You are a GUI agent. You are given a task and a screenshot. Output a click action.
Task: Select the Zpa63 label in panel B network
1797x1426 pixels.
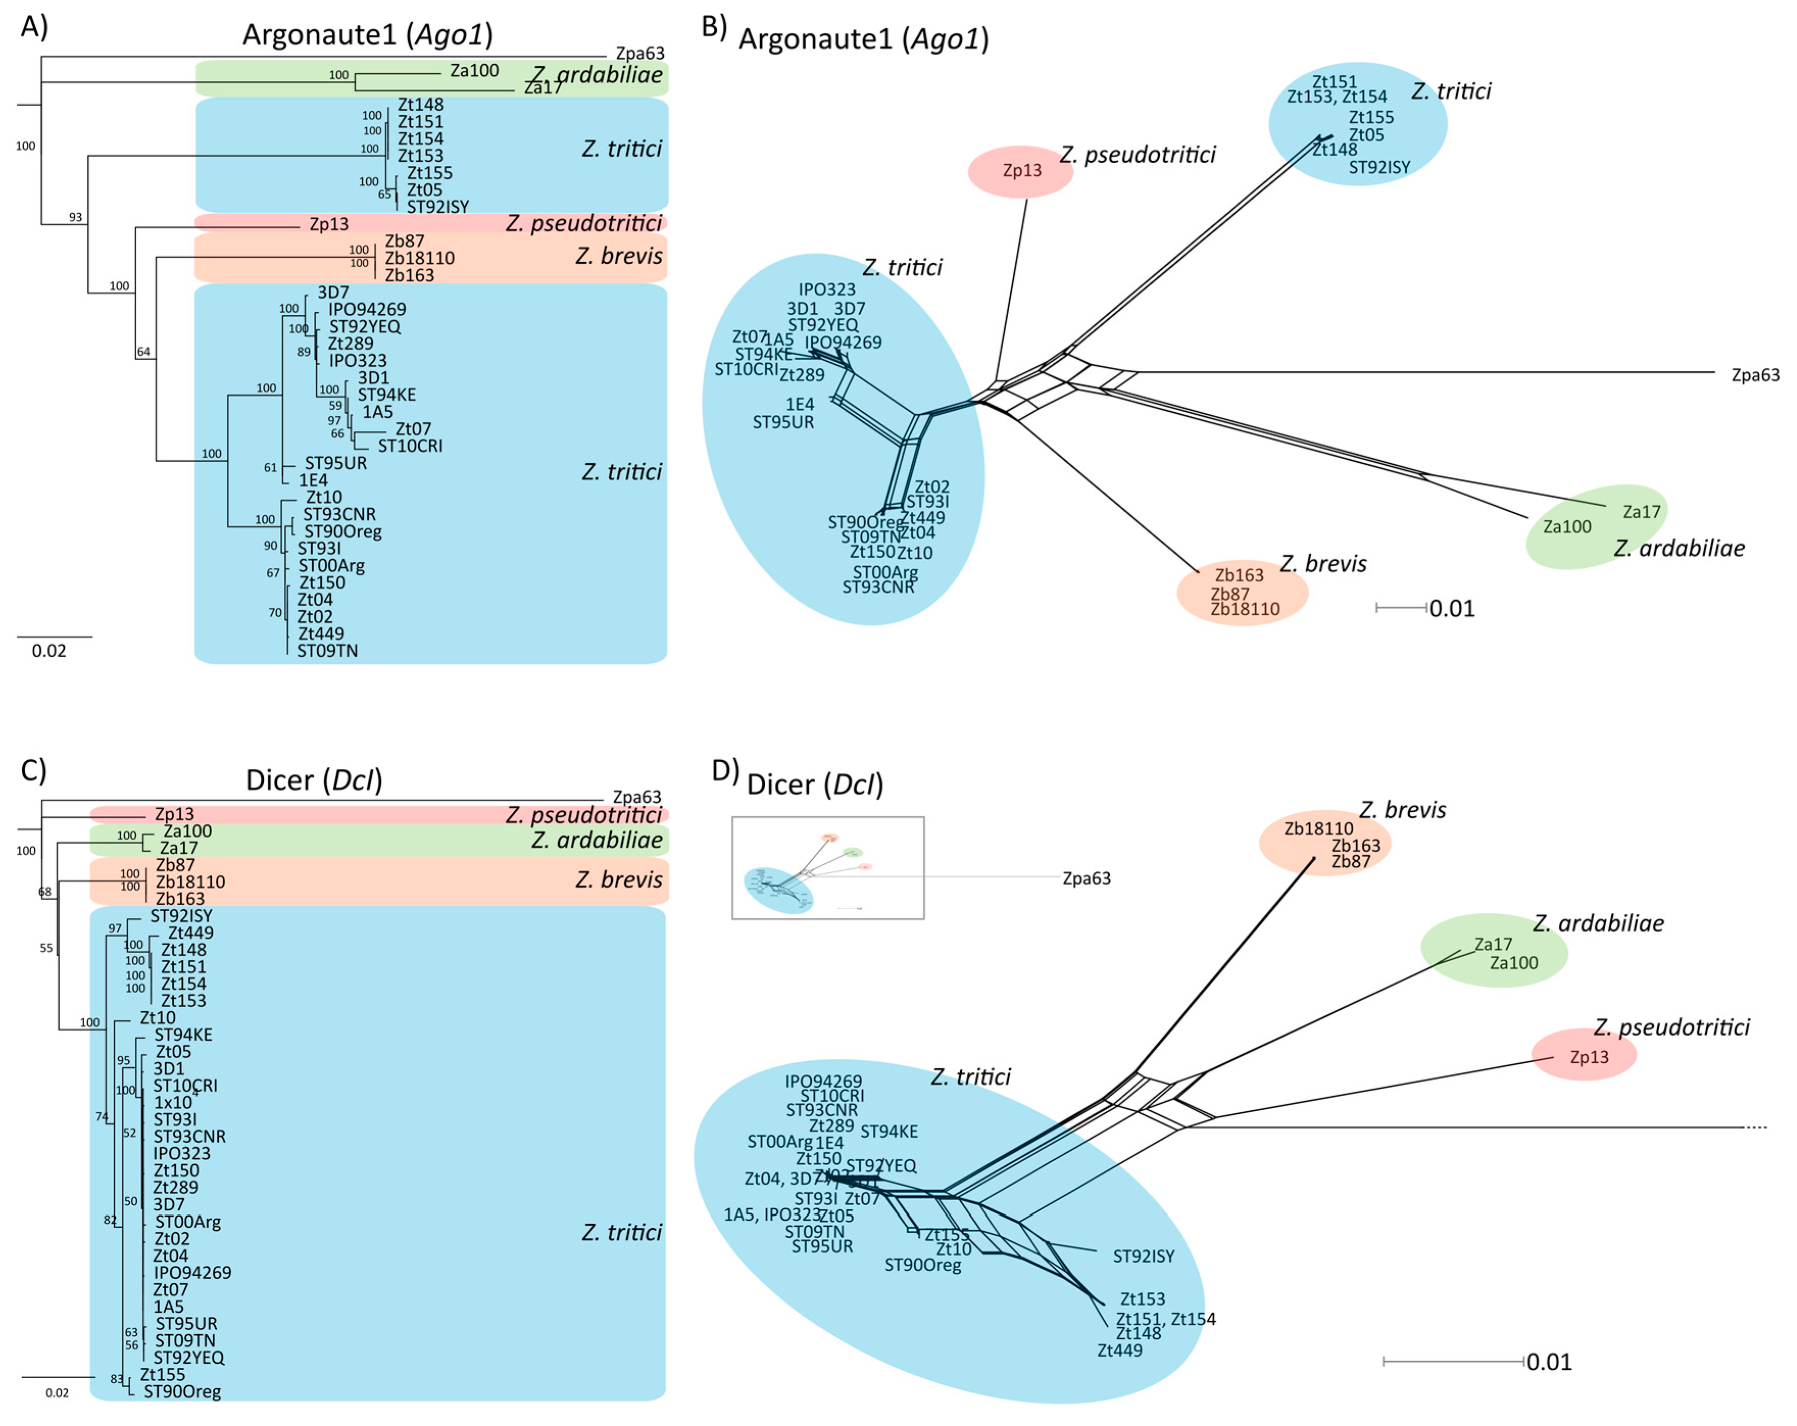[1755, 375]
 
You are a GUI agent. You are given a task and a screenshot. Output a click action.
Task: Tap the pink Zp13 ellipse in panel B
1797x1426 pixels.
[1021, 171]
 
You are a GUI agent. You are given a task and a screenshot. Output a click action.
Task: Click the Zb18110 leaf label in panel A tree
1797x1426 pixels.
[419, 258]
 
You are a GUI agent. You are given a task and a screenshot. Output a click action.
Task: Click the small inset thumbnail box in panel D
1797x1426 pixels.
[827, 868]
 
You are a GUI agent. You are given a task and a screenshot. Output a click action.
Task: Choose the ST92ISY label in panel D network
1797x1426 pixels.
[1143, 1256]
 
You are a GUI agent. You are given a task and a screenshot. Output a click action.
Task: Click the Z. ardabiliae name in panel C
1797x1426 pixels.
[597, 840]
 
